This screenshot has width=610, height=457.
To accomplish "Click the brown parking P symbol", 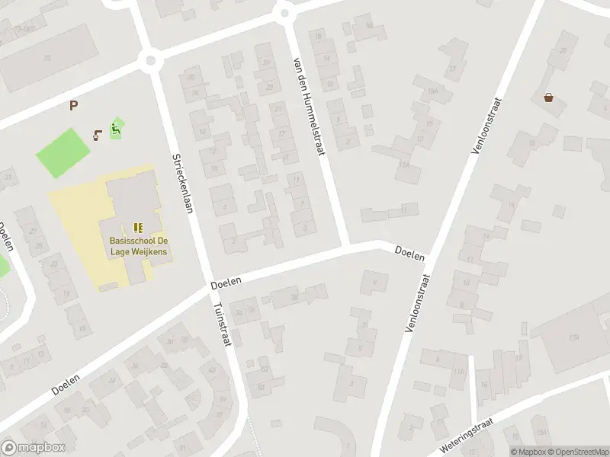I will [73, 106].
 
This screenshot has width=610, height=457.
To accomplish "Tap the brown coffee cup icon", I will [97, 136].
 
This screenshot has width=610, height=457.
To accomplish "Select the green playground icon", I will [116, 128].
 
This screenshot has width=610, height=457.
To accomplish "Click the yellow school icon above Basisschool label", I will [138, 227].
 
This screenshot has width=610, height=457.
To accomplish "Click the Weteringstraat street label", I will [467, 434].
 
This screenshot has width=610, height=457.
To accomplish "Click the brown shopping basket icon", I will [548, 97].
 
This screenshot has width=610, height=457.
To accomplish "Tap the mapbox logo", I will [34, 448].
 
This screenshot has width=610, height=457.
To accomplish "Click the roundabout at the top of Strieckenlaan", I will [150, 60].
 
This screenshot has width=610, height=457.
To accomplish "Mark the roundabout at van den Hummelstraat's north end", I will [285, 12].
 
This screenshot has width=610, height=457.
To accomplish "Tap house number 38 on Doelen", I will [294, 297].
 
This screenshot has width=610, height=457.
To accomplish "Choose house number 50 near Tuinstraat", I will [261, 386].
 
